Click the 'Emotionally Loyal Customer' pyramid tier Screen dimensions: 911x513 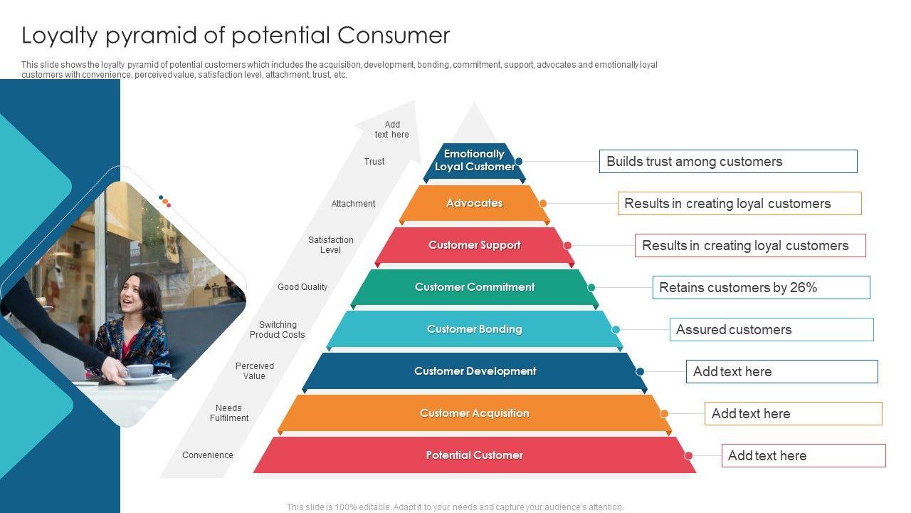474,161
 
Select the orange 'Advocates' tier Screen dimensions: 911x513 474,204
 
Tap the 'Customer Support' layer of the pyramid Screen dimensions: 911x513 474,246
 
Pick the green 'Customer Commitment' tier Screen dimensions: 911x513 474,287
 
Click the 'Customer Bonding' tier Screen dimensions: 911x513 474,329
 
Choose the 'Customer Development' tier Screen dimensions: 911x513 475,371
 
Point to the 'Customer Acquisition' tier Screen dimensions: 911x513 474,413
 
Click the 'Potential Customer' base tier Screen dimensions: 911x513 474,455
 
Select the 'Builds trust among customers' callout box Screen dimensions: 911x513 728,162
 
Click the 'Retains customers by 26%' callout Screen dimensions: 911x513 761,288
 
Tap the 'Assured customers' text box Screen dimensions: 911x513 771,330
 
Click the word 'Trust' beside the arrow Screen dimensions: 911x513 374,162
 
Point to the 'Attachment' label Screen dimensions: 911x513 353,204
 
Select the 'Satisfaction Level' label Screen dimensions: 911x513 331,245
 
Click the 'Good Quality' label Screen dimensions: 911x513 302,287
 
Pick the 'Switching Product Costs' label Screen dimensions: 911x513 278,330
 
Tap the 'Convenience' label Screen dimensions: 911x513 208,455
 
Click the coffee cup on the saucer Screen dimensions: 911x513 141,370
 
